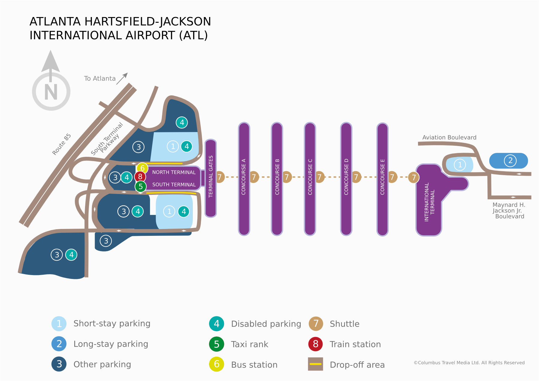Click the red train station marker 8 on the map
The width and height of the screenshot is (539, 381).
tap(140, 177)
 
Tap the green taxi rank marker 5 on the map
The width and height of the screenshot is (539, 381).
tap(141, 186)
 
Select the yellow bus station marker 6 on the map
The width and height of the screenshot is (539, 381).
tap(143, 168)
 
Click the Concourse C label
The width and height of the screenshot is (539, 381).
tap(310, 177)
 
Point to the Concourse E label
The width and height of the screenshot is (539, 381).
tap(382, 177)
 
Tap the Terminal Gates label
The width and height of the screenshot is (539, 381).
tap(211, 176)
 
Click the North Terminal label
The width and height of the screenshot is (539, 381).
tap(174, 172)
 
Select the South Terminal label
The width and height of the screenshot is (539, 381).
tap(174, 185)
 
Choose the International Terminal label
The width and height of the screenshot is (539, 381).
tap(429, 202)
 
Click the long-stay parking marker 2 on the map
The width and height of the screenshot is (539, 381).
tap(510, 160)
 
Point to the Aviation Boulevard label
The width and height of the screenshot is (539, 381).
tap(449, 137)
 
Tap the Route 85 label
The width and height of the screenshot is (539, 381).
tap(62, 144)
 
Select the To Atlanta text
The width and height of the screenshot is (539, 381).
tap(100, 78)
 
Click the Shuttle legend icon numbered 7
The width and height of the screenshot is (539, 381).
tap(316, 324)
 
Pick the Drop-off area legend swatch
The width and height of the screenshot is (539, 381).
tap(315, 364)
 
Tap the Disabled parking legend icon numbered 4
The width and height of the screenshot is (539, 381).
tap(216, 324)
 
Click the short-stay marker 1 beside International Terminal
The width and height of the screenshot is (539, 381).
tap(460, 165)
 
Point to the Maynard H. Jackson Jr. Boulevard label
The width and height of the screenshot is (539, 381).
tap(509, 211)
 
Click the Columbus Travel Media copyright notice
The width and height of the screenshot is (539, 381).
tap(469, 363)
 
